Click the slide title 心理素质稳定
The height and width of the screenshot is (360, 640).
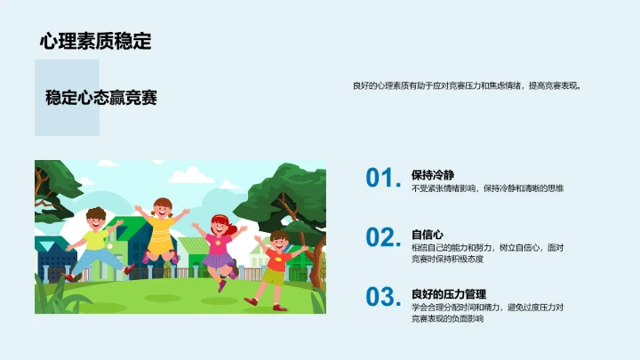(95, 41)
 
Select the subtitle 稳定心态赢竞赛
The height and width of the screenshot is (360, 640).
(101, 98)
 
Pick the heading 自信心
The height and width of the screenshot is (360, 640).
(428, 235)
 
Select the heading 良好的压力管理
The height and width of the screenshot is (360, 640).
(448, 294)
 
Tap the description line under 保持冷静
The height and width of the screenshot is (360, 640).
(487, 188)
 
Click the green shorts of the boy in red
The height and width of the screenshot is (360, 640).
(275, 276)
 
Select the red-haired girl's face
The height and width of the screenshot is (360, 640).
(218, 225)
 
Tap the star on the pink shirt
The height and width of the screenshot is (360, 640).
(217, 242)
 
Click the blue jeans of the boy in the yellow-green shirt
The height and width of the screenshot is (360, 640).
(100, 259)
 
